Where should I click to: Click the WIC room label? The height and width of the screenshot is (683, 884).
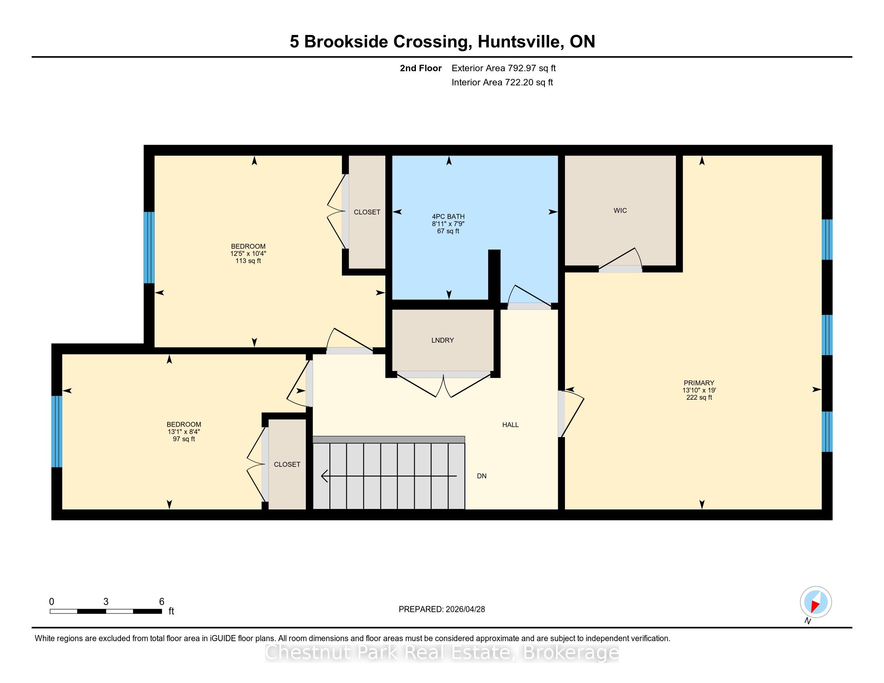(x=620, y=211)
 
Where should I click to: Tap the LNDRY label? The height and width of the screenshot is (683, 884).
(x=442, y=340)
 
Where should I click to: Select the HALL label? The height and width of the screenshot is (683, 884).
(x=510, y=425)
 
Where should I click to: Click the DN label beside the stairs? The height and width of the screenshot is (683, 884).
(x=482, y=476)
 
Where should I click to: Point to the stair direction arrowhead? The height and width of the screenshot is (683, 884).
(x=324, y=476)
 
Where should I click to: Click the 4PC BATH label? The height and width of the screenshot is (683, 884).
(x=448, y=217)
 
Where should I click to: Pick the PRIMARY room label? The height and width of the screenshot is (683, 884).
(x=699, y=383)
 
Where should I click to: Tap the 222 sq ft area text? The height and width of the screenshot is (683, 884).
(x=699, y=397)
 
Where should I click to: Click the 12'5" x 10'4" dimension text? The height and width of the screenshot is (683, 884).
(x=248, y=254)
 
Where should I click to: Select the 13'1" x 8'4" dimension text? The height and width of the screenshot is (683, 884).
(x=184, y=432)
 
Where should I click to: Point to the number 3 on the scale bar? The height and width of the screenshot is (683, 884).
(x=106, y=602)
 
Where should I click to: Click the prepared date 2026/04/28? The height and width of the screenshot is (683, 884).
(x=465, y=609)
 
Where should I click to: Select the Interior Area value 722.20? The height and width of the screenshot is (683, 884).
(x=519, y=82)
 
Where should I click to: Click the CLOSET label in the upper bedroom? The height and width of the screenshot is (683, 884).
(x=367, y=212)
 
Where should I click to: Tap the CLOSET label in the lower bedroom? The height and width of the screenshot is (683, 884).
(x=287, y=464)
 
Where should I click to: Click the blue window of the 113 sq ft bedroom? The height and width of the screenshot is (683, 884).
(x=149, y=247)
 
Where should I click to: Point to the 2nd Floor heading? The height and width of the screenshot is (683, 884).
(x=421, y=68)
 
